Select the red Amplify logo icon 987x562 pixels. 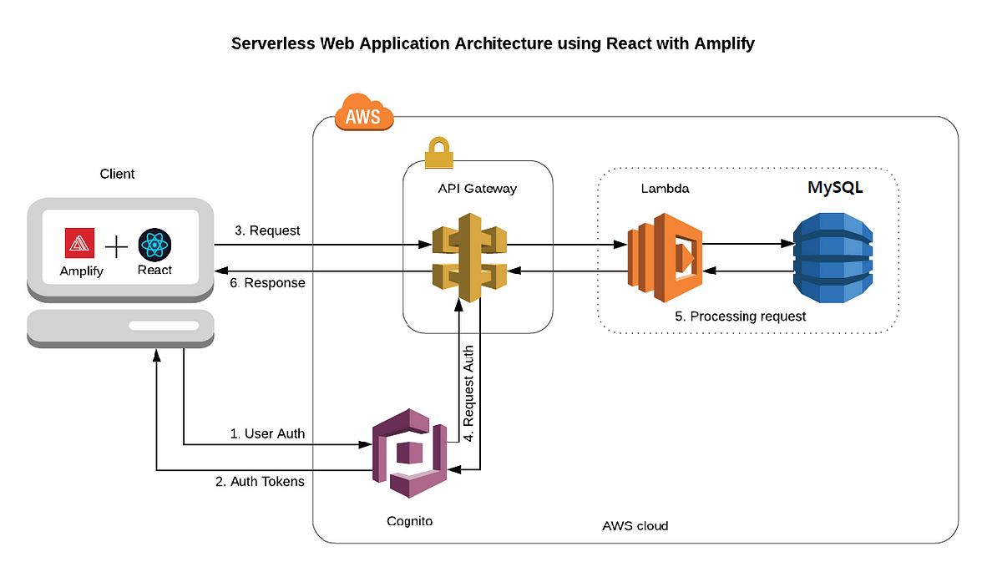[x=80, y=244]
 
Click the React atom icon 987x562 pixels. [x=154, y=244]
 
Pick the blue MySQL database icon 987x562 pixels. [x=833, y=257]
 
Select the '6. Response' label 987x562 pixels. [x=266, y=283]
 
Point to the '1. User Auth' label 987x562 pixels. [x=267, y=434]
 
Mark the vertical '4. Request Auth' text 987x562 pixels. [x=468, y=392]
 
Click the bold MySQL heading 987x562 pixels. [x=834, y=188]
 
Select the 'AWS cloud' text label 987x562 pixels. [x=635, y=526]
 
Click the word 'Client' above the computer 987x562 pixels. [x=117, y=174]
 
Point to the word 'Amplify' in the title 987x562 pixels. [x=724, y=43]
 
